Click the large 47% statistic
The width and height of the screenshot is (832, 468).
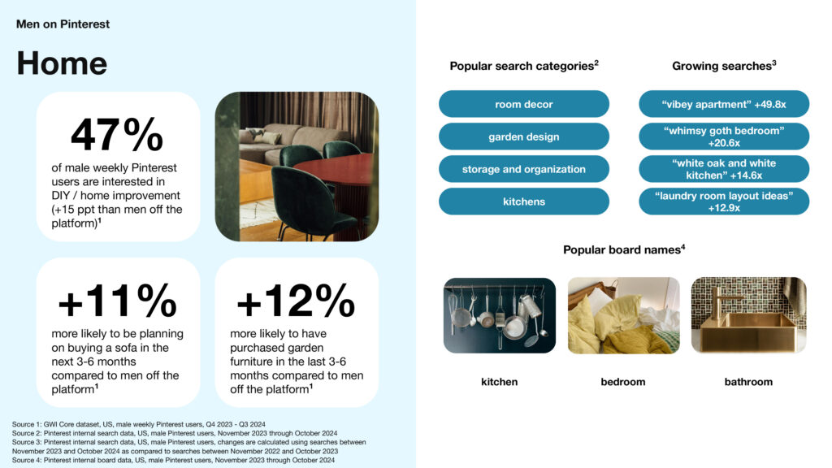pyautogui.click(x=117, y=135)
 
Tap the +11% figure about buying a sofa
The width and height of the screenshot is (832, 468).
pyautogui.click(x=117, y=301)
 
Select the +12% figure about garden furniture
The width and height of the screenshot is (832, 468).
pyautogui.click(x=296, y=301)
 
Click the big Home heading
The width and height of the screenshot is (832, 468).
pyautogui.click(x=62, y=63)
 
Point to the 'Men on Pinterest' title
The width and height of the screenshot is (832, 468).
pyautogui.click(x=63, y=24)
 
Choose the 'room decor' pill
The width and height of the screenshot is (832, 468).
pyautogui.click(x=524, y=104)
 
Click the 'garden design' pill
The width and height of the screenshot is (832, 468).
pyautogui.click(x=524, y=136)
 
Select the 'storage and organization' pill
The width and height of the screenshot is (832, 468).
pyautogui.click(x=524, y=169)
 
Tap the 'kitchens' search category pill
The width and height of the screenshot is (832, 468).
pyautogui.click(x=524, y=201)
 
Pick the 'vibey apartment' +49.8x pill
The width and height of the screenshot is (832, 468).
pyautogui.click(x=724, y=104)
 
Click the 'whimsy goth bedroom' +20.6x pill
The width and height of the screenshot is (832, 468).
pyautogui.click(x=724, y=136)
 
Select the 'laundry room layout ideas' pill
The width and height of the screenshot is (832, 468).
pyautogui.click(x=724, y=201)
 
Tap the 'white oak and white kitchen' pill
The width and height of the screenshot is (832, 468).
pyautogui.click(x=724, y=169)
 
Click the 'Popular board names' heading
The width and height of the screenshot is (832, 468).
pyautogui.click(x=624, y=249)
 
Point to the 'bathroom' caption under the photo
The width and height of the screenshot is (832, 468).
pyautogui.click(x=748, y=382)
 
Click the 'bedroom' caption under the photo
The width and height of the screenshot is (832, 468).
pyautogui.click(x=623, y=382)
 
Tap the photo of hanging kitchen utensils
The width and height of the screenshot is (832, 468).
pyautogui.click(x=500, y=315)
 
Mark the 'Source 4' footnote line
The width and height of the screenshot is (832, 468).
pyautogui.click(x=174, y=460)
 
